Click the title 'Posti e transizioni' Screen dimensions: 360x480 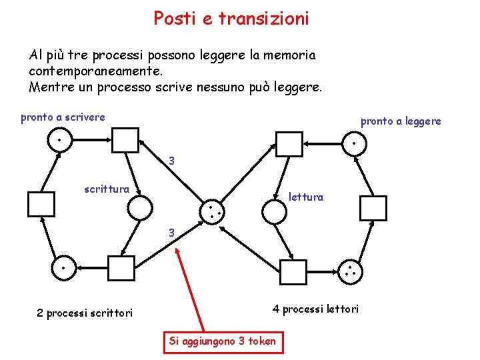pos(231,19)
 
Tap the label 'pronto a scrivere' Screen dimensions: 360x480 pos(63,117)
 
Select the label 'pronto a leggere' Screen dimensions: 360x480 pos(401,121)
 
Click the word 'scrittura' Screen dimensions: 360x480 pos(107,189)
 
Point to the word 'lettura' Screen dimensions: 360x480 pos(305,197)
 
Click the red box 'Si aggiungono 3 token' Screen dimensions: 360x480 pos(222,341)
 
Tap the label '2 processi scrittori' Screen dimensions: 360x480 pos(85,313)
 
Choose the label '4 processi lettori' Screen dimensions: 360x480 pos(315,309)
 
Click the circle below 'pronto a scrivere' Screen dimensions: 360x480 pos(59,140)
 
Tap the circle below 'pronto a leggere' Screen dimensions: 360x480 pos(353,143)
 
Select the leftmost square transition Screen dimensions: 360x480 pos(41,205)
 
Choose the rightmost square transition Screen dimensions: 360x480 pos(373,208)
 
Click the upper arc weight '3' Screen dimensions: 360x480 pos(171,161)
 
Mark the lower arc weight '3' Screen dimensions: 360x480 pos(171,233)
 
